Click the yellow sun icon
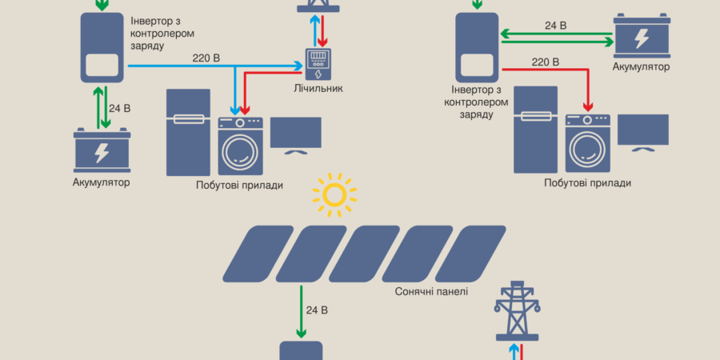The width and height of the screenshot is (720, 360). pyautogui.click(x=334, y=194)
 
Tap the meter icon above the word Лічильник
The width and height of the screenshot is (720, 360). pyautogui.click(x=318, y=63)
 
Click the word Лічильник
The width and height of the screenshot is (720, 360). pyautogui.click(x=318, y=88)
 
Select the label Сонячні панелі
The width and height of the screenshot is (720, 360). pyautogui.click(x=431, y=292)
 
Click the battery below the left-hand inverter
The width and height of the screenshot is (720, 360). pyautogui.click(x=102, y=150)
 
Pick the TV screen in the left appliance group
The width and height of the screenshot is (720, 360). pyautogui.click(x=295, y=134)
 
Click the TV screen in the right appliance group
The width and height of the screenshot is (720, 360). pyautogui.click(x=642, y=130)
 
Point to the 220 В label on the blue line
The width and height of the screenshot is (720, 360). pyautogui.click(x=207, y=58)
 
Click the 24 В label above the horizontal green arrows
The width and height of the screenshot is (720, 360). pyautogui.click(x=555, y=26)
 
